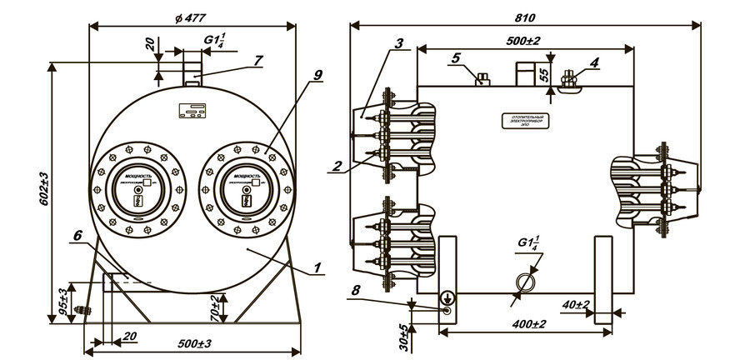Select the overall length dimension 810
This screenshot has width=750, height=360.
click(525, 17)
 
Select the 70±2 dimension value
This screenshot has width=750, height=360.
click(214, 309)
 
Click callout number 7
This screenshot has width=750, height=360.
click(259, 60)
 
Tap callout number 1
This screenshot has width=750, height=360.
click(318, 268)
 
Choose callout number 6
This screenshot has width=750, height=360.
click(77, 237)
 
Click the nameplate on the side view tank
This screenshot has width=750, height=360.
click(523, 122)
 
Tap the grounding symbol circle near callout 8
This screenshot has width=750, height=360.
click(448, 297)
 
